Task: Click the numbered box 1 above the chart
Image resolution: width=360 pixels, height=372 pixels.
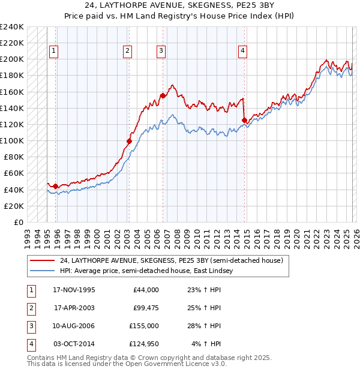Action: [54, 52]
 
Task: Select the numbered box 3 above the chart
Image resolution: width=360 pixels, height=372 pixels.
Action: [161, 52]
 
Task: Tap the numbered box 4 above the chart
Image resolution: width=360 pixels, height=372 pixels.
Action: [242, 52]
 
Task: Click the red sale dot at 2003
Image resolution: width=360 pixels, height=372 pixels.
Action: [129, 142]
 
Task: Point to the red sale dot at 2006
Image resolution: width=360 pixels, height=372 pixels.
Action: [163, 95]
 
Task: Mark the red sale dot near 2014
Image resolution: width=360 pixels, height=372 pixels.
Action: [244, 120]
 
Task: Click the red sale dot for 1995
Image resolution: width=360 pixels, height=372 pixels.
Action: [56, 187]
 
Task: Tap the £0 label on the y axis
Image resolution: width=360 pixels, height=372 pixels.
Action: [17, 222]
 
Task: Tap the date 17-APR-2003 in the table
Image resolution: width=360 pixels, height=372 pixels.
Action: [74, 308]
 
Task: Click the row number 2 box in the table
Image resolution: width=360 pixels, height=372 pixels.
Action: [29, 308]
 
